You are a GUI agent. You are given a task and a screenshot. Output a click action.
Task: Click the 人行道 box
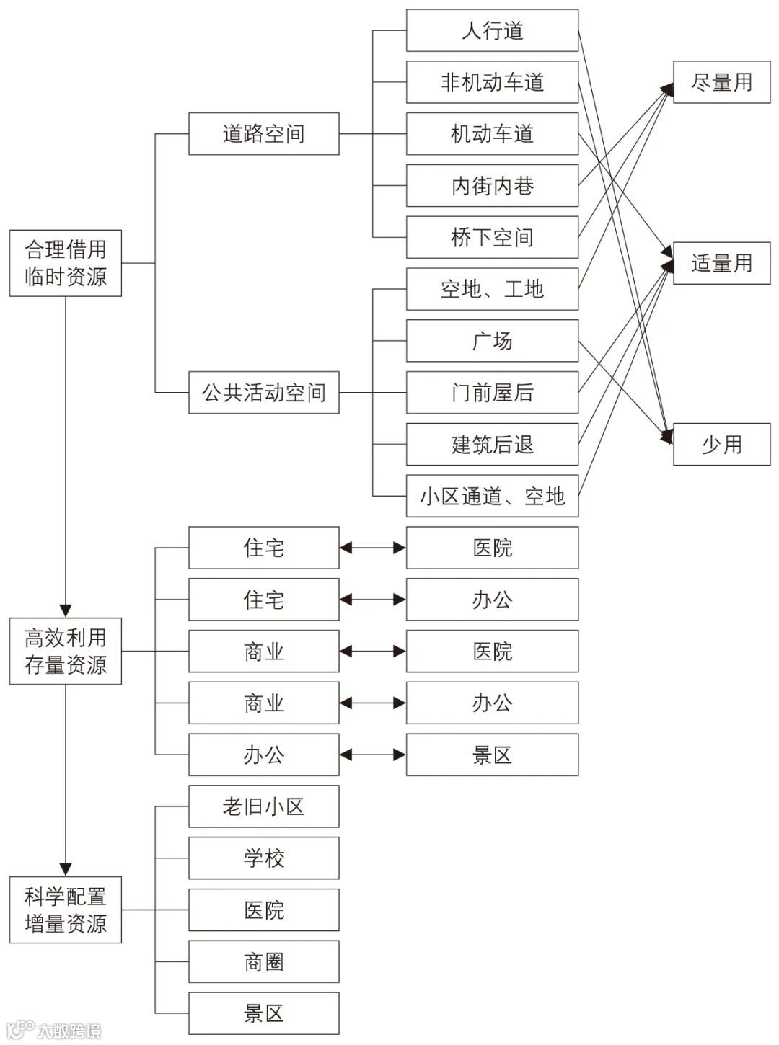point(492,30)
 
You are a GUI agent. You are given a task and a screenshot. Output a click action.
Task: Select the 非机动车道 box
point(492,82)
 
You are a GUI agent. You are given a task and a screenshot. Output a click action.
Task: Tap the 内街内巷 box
point(492,186)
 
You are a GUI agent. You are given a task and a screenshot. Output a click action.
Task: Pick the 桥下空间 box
point(492,237)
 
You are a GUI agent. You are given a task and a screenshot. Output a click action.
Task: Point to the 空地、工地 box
point(492,289)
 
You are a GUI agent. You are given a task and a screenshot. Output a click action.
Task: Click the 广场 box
point(492,341)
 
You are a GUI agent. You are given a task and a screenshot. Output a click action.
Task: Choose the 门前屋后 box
point(492,393)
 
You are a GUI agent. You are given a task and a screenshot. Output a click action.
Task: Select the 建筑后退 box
point(492,445)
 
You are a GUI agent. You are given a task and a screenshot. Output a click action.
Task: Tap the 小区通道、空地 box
point(492,496)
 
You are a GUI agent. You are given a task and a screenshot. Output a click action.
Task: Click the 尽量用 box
point(721,82)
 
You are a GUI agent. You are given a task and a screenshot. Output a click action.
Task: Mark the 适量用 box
point(721,263)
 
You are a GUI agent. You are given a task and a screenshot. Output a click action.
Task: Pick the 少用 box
point(721,445)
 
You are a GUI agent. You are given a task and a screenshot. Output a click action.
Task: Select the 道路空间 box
point(263,133)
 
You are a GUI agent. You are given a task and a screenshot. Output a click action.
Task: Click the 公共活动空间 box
point(263,393)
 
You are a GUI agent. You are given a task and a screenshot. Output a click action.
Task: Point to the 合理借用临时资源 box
point(65,263)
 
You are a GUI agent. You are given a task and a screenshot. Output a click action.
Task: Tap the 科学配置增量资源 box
point(65,910)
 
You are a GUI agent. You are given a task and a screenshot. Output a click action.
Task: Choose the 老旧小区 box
point(263,806)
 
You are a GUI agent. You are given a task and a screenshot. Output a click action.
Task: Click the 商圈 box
point(263,961)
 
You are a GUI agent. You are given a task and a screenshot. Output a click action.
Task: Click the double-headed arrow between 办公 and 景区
point(372,755)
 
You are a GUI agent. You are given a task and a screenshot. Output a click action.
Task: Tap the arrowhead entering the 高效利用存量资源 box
point(65,611)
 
